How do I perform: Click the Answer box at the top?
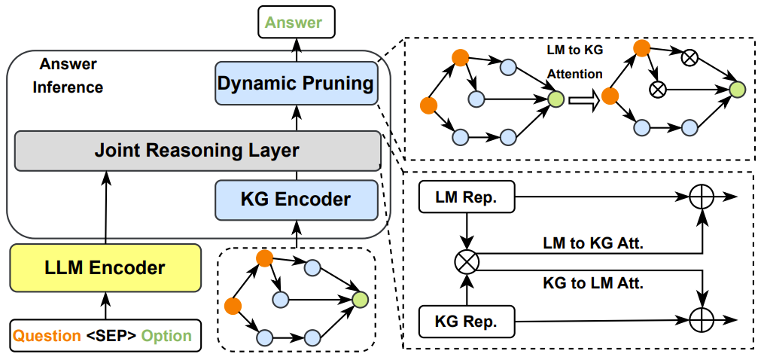click(296, 22)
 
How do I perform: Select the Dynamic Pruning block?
click(296, 84)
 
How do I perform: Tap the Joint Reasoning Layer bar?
click(197, 150)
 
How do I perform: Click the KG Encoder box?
click(296, 200)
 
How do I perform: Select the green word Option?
click(166, 335)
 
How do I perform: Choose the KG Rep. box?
click(466, 322)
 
